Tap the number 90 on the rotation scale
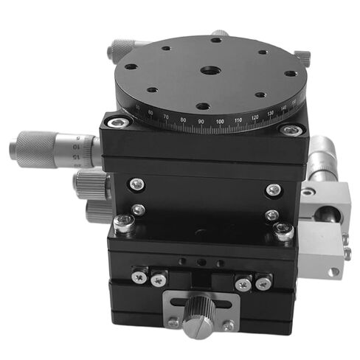click(201, 120)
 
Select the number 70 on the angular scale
click(165, 117)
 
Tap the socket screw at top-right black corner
click(294, 131)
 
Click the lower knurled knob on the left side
click(97, 212)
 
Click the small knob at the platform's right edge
click(302, 57)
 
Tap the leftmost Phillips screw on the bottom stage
click(136, 276)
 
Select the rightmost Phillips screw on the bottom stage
click(263, 281)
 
